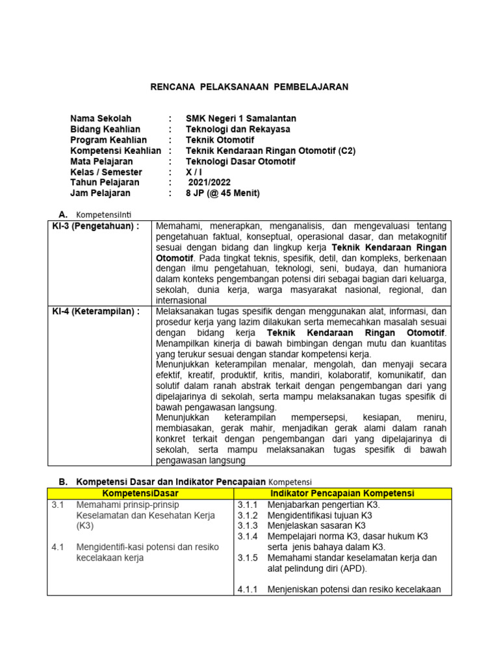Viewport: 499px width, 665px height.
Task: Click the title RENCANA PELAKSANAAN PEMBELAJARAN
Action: (249, 86)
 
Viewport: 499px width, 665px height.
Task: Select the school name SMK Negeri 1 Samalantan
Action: (241, 118)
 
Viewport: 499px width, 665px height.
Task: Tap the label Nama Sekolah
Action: (101, 118)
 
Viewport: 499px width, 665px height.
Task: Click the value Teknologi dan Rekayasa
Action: (238, 129)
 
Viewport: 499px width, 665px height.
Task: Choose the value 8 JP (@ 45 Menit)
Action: (223, 193)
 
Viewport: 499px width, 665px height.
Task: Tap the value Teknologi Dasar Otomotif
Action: (240, 161)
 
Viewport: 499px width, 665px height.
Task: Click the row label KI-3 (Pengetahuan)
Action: (96, 226)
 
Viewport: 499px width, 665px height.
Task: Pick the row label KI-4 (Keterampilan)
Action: (96, 312)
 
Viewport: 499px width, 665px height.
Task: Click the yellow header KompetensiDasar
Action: (140, 494)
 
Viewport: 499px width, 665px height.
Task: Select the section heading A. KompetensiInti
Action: (101, 214)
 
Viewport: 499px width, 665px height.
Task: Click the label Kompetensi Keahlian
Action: (116, 151)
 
